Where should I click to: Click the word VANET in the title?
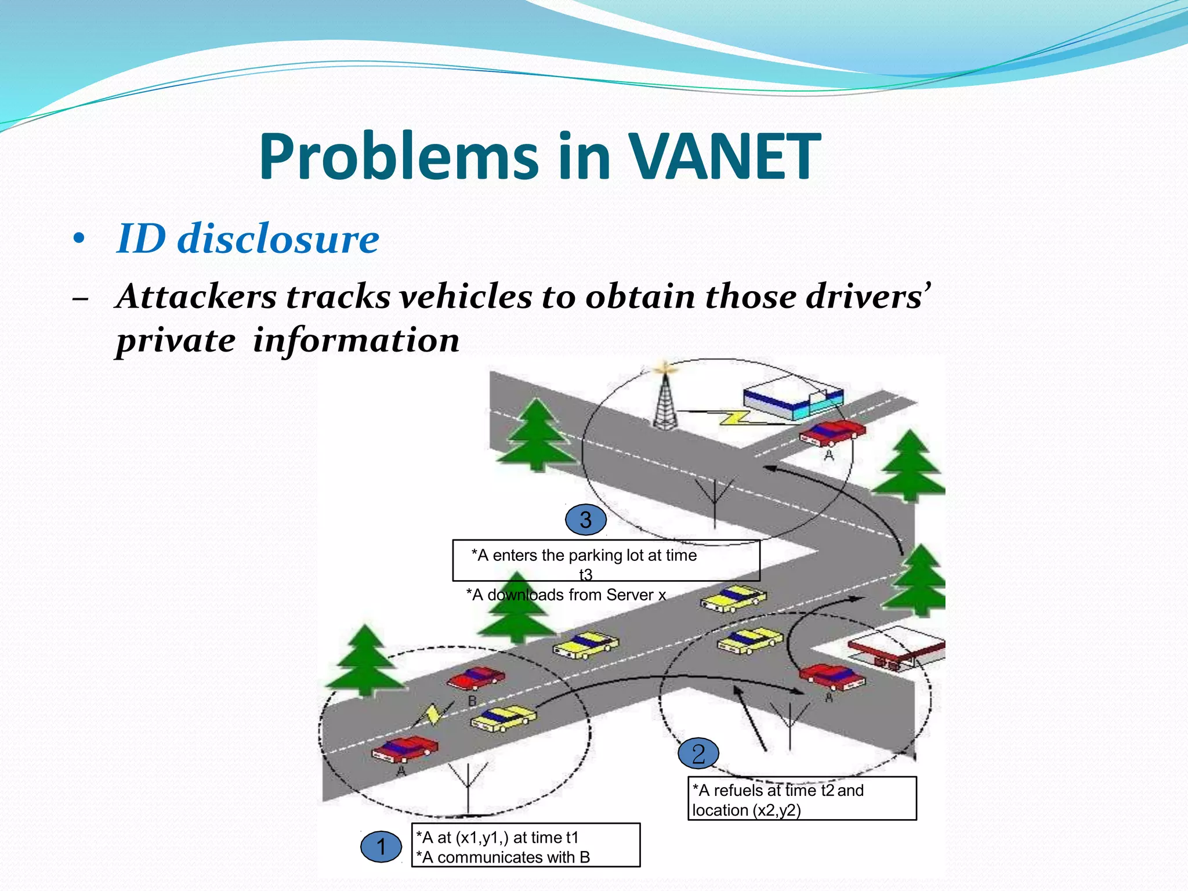[725, 157]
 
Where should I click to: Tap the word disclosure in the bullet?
[278, 238]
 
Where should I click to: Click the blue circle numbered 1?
[381, 847]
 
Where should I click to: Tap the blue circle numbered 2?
[698, 754]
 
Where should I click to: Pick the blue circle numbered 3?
[586, 520]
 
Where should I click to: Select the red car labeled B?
[477, 678]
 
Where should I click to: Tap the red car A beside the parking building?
[832, 432]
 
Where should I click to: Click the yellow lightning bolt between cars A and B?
[432, 715]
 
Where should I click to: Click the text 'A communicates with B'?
[505, 857]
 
